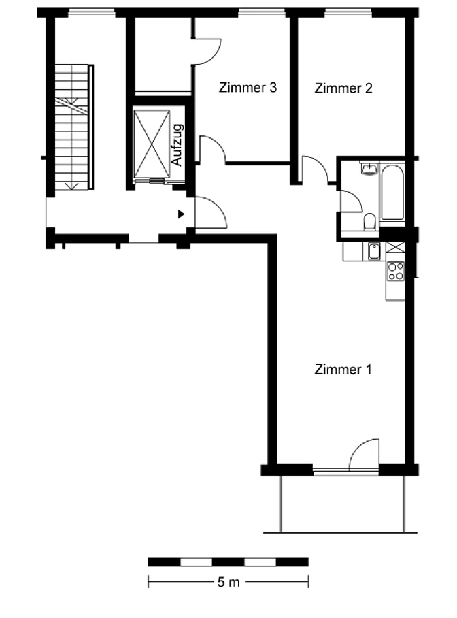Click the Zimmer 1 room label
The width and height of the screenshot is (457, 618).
pyautogui.click(x=343, y=370)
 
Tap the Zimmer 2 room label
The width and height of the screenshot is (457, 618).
pyautogui.click(x=343, y=88)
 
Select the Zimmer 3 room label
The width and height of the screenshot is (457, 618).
pyautogui.click(x=248, y=87)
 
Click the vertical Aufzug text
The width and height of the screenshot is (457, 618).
pyautogui.click(x=177, y=145)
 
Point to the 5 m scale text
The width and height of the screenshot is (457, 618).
pyautogui.click(x=228, y=582)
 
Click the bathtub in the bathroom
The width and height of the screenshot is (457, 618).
pyautogui.click(x=392, y=193)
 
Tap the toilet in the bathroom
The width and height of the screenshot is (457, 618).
pyautogui.click(x=370, y=221)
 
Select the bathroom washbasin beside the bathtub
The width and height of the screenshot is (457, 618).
pyautogui.click(x=369, y=169)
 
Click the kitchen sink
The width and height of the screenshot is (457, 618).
pyautogui.click(x=374, y=251)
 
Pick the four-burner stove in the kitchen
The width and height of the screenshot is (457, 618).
pyautogui.click(x=396, y=271)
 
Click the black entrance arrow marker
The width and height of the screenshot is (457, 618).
pyautogui.click(x=181, y=214)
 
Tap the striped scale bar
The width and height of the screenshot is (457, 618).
pyautogui.click(x=228, y=562)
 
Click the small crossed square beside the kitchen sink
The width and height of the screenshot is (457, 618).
pyautogui.click(x=395, y=247)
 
